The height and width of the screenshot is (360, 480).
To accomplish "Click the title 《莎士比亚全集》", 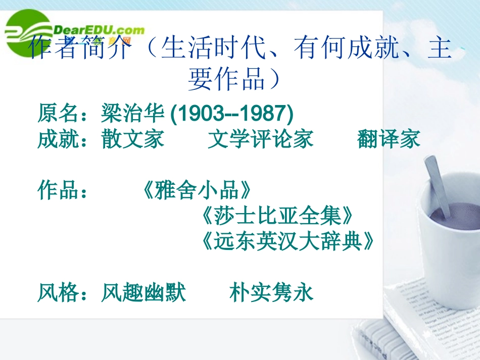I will (x=275, y=217).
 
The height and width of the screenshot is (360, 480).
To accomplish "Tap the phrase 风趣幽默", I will (x=143, y=293).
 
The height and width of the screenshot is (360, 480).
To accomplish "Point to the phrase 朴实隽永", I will (x=271, y=293).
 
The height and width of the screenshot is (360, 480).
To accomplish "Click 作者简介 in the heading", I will (x=81, y=50).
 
